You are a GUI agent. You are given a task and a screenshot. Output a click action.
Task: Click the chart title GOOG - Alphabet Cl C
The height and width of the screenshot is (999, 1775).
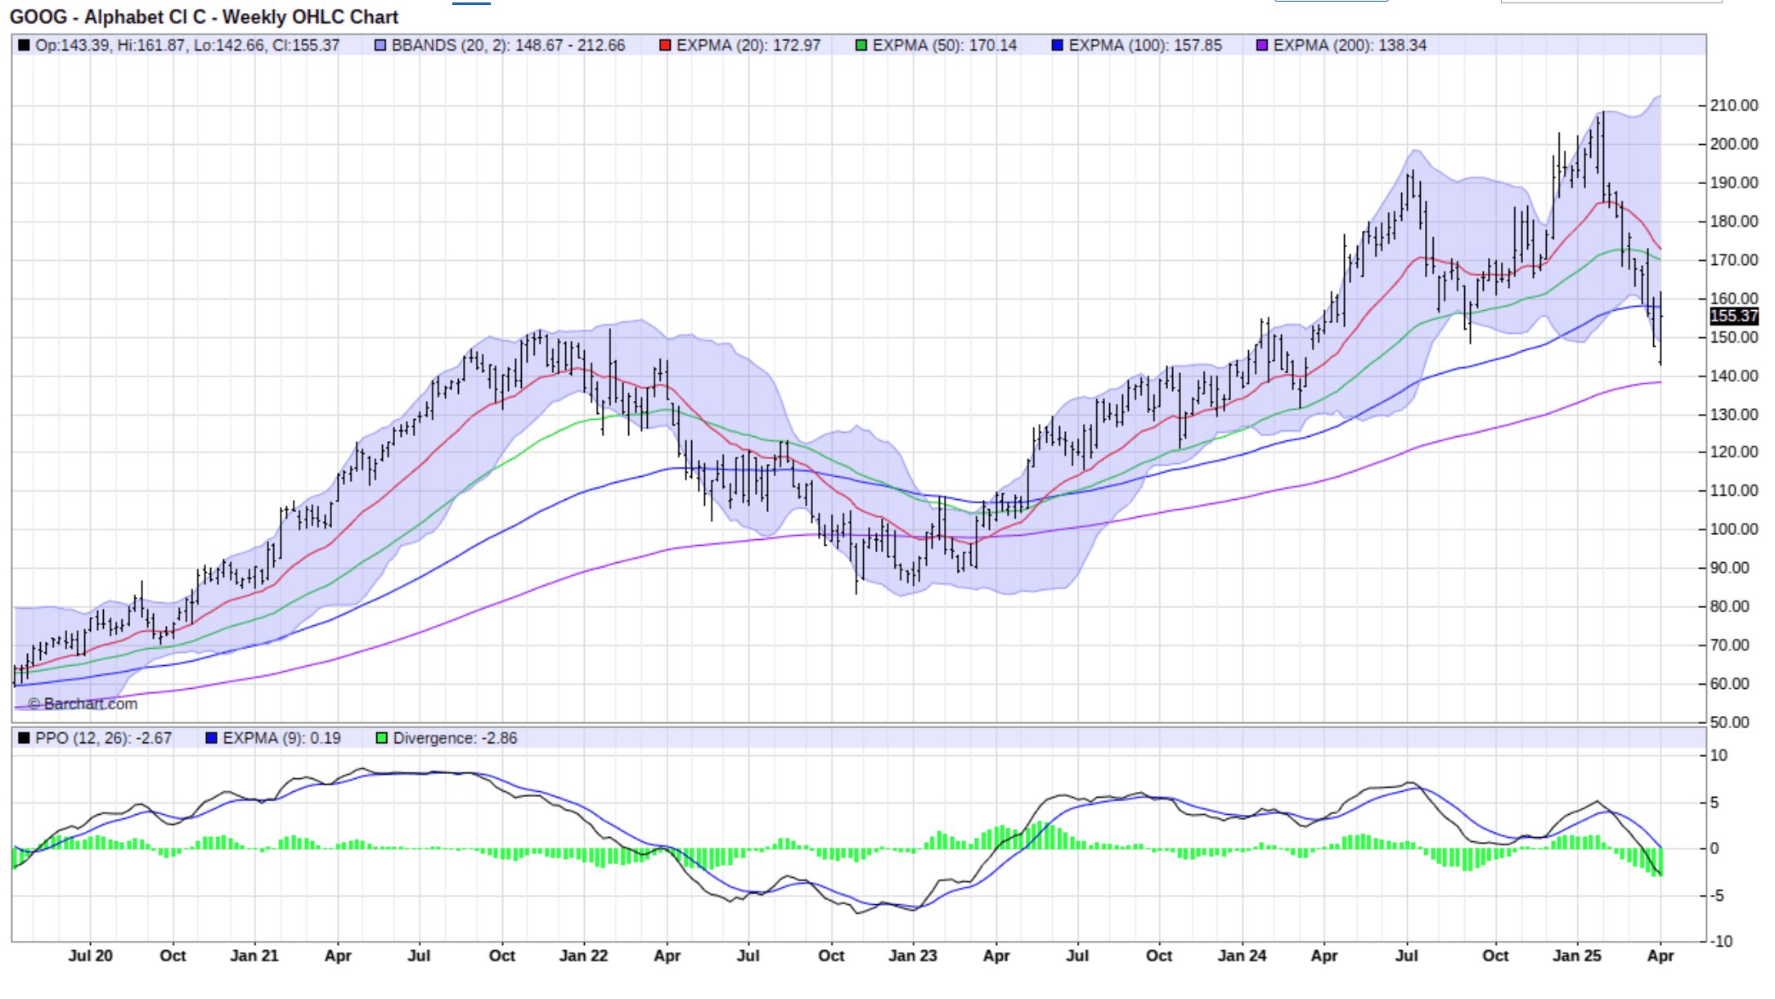(x=204, y=17)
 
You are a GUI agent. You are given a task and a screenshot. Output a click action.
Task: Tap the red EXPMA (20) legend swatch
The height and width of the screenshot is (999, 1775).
(x=665, y=46)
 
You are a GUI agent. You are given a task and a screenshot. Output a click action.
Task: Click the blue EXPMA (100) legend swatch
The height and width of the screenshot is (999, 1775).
(x=1057, y=46)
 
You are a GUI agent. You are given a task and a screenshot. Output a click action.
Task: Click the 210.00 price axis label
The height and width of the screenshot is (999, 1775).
(x=1733, y=106)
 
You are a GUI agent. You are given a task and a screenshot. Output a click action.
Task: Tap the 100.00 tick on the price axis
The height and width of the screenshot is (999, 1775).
(x=1733, y=529)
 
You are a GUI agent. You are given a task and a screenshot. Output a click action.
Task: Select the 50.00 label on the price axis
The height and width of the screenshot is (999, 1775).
(x=1729, y=722)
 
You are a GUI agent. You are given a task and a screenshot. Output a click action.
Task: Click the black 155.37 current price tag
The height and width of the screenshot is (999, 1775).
(x=1733, y=316)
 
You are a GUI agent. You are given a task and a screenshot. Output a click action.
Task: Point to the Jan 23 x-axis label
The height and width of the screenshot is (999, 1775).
(x=913, y=956)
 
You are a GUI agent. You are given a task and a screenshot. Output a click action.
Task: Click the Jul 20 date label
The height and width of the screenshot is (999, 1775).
(x=90, y=956)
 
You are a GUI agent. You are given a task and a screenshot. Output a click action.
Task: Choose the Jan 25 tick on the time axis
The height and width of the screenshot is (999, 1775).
(x=1577, y=956)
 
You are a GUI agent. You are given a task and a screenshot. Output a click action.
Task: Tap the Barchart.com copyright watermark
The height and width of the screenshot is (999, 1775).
(x=83, y=704)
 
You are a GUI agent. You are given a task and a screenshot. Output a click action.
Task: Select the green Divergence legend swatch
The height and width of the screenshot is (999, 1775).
(x=381, y=738)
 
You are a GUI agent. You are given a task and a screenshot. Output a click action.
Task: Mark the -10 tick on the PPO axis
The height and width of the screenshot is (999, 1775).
(x=1722, y=942)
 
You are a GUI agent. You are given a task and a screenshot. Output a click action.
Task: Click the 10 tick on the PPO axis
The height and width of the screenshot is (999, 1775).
(x=1719, y=755)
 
